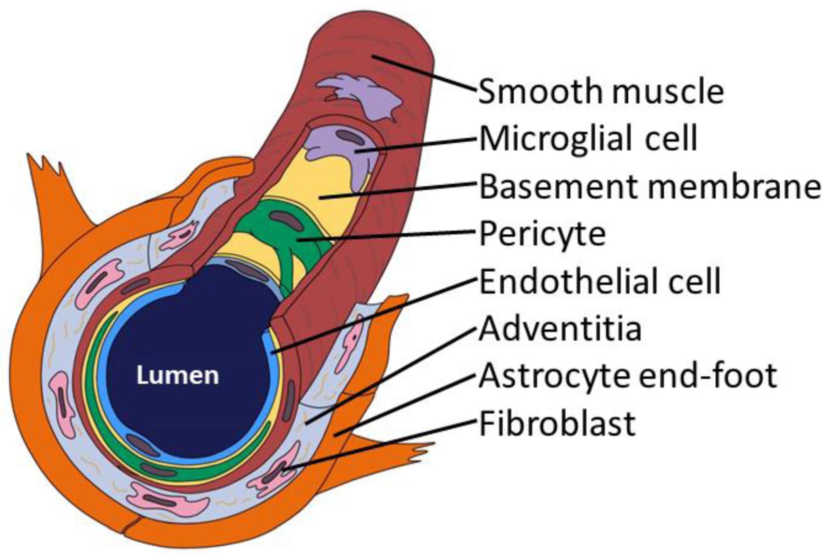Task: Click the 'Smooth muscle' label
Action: (x=601, y=92)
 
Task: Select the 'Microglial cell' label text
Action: (x=588, y=139)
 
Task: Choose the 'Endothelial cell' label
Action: (x=600, y=281)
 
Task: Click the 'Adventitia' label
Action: (x=560, y=329)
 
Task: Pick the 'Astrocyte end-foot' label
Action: (x=628, y=376)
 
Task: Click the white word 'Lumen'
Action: (x=177, y=375)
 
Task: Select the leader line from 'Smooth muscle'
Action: (x=423, y=73)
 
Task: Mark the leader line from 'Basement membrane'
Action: (x=395, y=190)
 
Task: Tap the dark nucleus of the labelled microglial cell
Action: (x=350, y=137)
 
